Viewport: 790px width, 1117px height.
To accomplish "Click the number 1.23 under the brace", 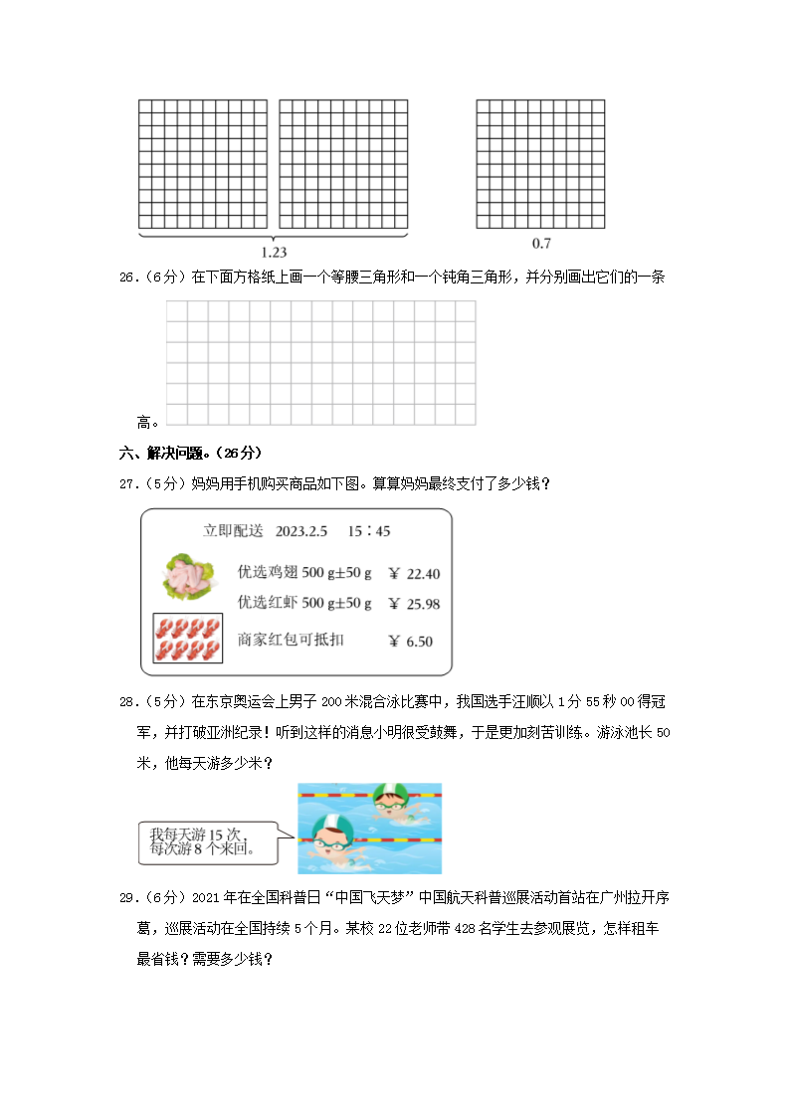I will click(273, 253).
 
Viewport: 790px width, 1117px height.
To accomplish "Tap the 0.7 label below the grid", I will click(541, 244).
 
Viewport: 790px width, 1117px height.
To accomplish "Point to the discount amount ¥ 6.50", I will click(410, 642).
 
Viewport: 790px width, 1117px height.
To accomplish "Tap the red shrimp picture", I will click(187, 639).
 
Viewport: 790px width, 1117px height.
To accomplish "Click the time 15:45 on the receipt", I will click(368, 531).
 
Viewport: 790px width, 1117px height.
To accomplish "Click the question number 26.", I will click(127, 279).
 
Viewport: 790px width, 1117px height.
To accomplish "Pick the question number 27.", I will click(127, 484).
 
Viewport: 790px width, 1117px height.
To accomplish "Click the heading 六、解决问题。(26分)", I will click(190, 454).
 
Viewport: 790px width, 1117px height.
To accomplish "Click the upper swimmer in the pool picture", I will click(391, 802).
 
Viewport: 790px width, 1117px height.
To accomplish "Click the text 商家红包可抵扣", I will click(291, 641).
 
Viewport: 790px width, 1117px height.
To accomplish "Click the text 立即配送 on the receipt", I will click(233, 531).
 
